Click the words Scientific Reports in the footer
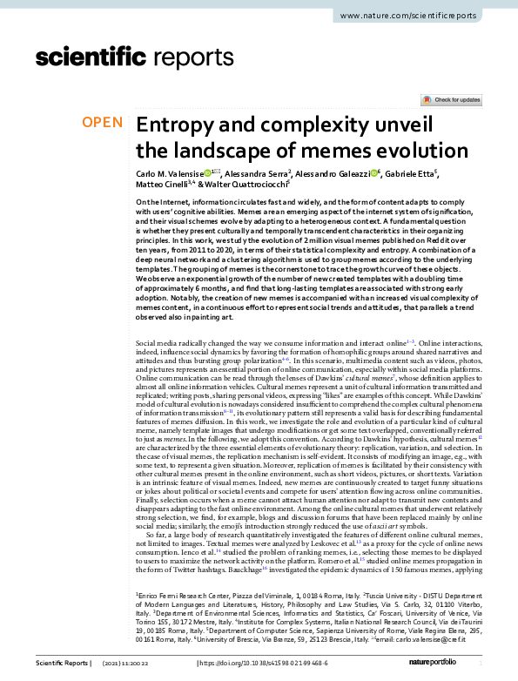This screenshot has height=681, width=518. click(59, 664)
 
